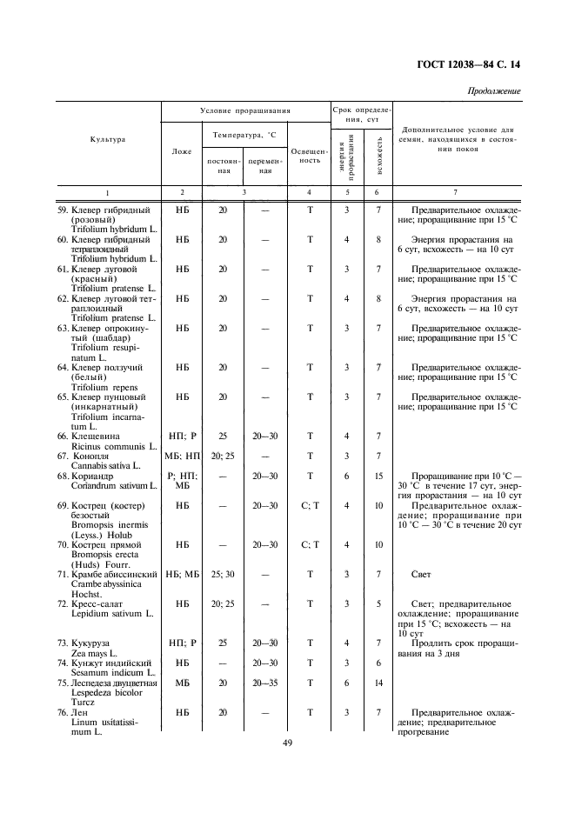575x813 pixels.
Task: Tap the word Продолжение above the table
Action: tap(494, 90)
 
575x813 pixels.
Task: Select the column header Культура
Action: tap(107, 139)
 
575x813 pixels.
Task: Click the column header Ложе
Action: tap(182, 150)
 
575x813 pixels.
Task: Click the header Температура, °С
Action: tap(244, 135)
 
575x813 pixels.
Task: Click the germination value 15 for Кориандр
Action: tap(378, 476)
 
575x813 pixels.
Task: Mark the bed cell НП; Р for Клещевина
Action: tap(182, 436)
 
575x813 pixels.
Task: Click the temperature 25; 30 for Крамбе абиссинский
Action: tap(223, 575)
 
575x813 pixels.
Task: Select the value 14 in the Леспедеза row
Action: tap(378, 683)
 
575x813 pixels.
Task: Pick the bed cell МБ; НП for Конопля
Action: tap(182, 456)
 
